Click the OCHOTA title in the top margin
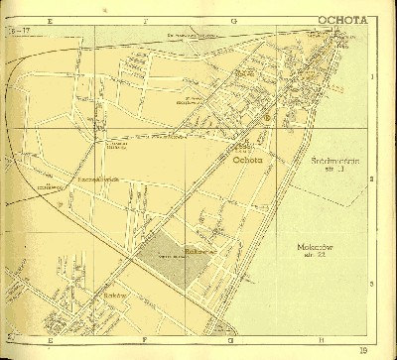click(342, 19)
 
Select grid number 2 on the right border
click(371, 179)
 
